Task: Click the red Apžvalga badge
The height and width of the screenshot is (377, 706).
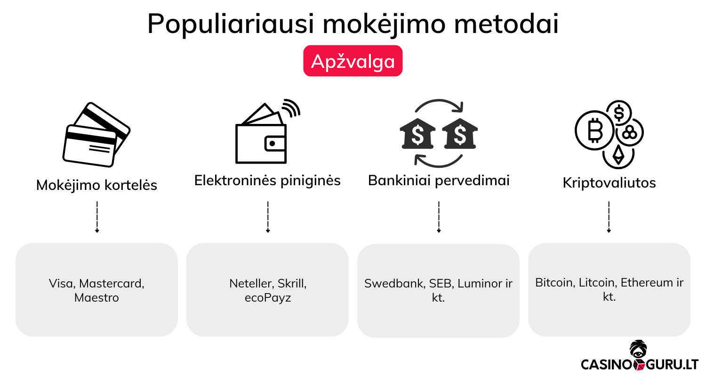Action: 353,61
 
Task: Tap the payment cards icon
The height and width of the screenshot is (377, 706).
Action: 96,134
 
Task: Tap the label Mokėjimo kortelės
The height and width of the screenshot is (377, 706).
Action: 96,185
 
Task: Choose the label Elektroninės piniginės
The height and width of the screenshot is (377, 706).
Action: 267,180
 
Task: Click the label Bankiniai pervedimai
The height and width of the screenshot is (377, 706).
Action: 439,180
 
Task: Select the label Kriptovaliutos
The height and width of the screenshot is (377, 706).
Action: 609,183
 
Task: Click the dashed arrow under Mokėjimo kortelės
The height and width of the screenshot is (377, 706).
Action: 96,217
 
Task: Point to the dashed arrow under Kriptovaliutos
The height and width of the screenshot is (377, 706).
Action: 609,217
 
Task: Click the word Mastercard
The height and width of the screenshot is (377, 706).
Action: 112,284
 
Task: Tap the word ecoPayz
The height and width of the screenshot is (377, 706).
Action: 267,298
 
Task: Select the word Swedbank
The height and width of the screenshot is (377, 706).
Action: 394,284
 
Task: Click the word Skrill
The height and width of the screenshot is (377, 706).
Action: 292,284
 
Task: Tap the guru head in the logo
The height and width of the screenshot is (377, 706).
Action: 638,350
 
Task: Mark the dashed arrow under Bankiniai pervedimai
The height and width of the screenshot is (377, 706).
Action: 439,217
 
